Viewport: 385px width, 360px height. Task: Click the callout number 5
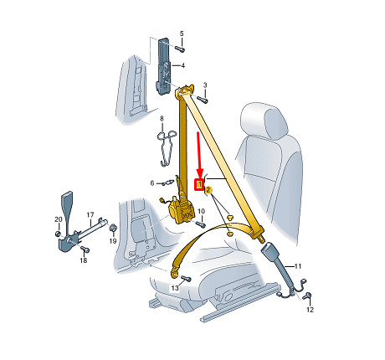(182, 33)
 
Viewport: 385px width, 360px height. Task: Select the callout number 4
(182, 66)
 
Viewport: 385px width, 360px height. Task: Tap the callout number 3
(205, 85)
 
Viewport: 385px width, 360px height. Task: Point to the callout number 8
(162, 119)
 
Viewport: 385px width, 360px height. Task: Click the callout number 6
(152, 183)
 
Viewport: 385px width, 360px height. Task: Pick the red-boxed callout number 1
(199, 184)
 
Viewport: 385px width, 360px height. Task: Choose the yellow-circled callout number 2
(208, 190)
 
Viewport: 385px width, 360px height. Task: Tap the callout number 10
(201, 211)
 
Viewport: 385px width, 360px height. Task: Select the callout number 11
(298, 266)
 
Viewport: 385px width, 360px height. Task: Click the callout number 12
(310, 310)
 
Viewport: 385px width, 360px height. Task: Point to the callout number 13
(175, 288)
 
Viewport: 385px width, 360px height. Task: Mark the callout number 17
(90, 215)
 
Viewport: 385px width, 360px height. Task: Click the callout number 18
(84, 260)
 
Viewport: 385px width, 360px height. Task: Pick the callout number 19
(113, 241)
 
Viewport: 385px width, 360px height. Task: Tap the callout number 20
(59, 219)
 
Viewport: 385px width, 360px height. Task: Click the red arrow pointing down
(199, 154)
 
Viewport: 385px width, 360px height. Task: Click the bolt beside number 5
(180, 49)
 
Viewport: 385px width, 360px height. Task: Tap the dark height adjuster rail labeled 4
(163, 66)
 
